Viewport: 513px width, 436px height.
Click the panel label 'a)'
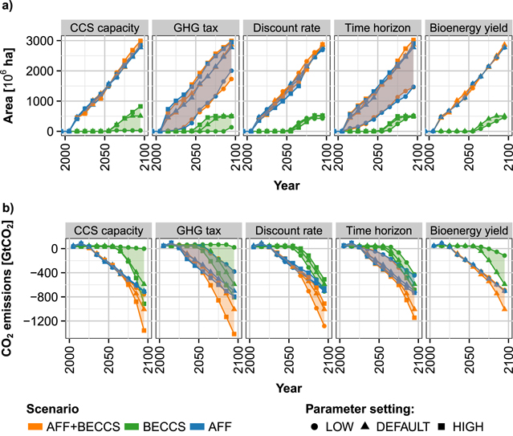click(x=6, y=6)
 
